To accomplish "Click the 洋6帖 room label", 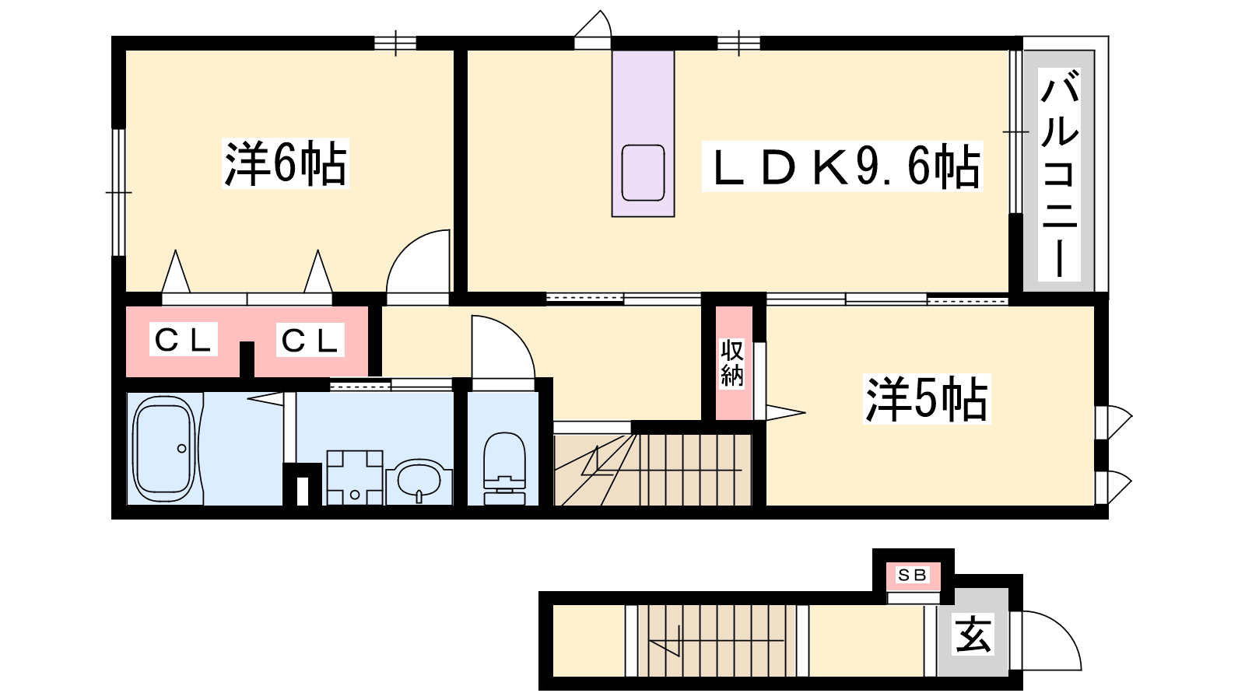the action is coord(285,163).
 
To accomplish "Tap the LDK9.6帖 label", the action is coord(843,166).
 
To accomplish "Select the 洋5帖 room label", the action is coord(927,399).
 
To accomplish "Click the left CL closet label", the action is coord(183,340).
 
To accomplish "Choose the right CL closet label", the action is coord(310,340).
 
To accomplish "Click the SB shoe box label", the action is coord(912,576).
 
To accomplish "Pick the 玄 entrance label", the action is coord(973,635).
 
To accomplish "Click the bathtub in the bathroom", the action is coord(165,449).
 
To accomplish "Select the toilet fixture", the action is coord(504,467).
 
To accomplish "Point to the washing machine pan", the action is coord(355,478).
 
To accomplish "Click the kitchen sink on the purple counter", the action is coord(643,173).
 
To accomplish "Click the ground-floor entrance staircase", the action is coord(717,641).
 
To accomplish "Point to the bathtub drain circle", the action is coord(182,448).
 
